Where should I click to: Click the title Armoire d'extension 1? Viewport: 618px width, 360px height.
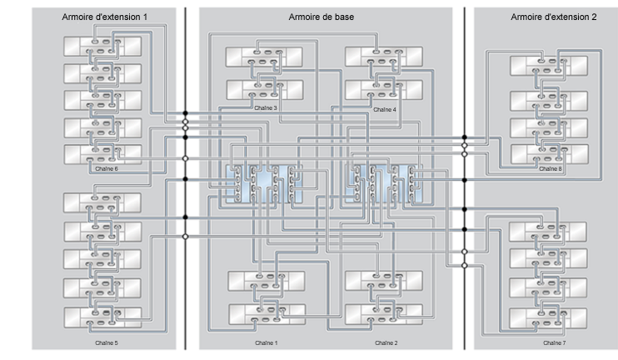(104, 17)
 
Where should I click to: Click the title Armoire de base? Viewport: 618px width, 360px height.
(324, 17)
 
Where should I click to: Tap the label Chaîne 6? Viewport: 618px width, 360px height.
(107, 168)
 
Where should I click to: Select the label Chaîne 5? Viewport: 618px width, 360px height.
(105, 342)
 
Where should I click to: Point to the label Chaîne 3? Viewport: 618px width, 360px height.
(265, 108)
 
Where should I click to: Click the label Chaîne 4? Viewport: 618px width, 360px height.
(385, 109)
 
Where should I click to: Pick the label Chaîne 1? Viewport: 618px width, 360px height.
(266, 342)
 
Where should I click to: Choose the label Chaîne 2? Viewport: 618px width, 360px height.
(386, 342)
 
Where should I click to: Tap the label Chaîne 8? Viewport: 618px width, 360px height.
(551, 168)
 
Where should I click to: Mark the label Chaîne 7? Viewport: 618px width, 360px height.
(553, 342)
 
